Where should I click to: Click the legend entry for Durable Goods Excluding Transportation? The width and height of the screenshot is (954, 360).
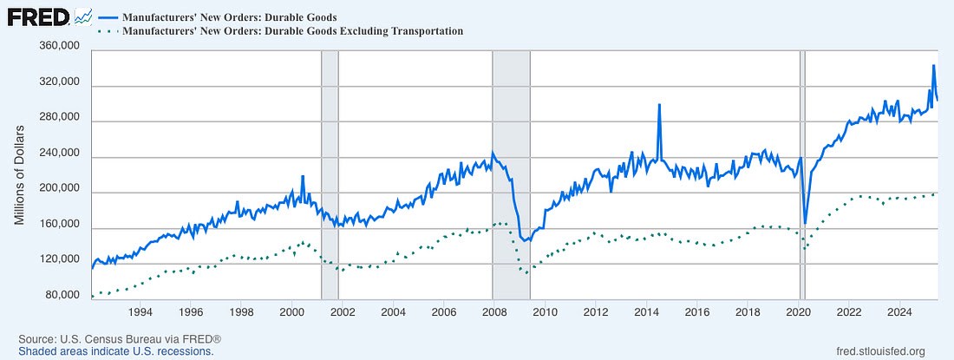[292, 31]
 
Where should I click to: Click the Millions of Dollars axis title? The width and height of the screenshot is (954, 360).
[19, 173]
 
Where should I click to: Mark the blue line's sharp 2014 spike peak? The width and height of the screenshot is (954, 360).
[659, 104]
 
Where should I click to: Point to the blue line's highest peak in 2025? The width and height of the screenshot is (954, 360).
[933, 65]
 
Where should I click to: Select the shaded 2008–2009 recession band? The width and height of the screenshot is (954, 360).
[511, 173]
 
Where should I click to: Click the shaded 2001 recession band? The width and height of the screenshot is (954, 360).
[330, 173]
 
